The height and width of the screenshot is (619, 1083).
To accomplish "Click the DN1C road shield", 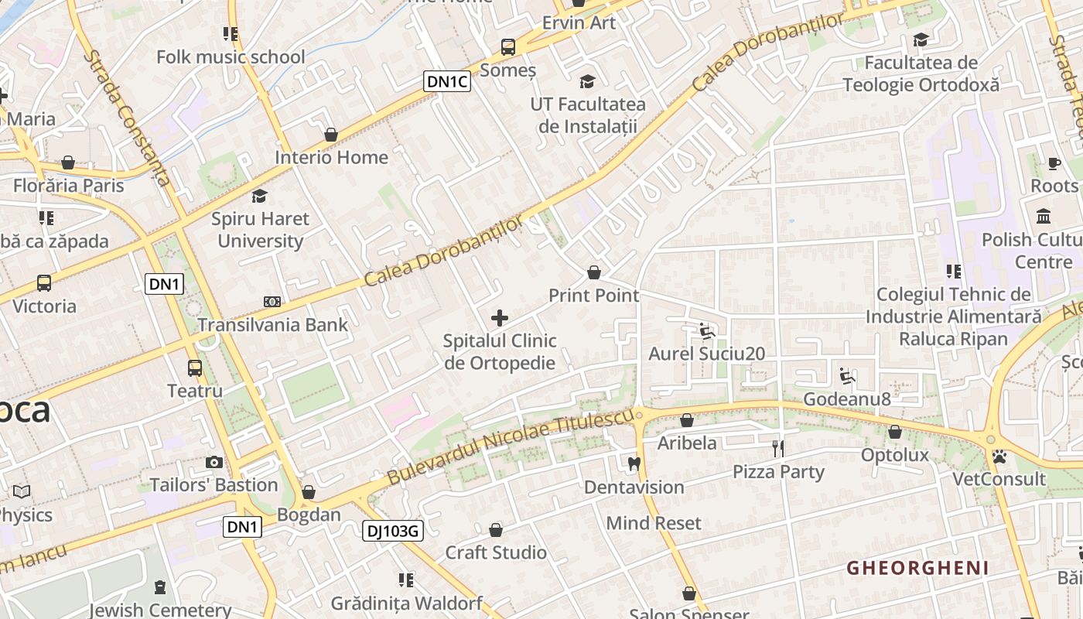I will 447,81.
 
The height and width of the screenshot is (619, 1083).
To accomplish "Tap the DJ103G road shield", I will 392,531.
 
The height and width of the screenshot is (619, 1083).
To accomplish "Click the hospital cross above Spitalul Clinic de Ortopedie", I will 500,317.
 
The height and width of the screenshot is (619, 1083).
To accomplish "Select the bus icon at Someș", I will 508,47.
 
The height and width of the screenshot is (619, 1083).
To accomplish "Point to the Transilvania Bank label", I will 272,324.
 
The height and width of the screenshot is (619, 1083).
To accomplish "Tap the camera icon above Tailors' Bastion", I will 214,462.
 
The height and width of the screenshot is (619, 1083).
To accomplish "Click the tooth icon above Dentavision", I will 634,463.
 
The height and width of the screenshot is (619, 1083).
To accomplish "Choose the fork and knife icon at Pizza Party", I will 778,448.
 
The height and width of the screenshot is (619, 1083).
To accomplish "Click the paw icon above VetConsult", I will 999,457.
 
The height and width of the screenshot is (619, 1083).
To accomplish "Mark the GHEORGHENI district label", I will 917,568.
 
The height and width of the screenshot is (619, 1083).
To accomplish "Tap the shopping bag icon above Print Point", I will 594,272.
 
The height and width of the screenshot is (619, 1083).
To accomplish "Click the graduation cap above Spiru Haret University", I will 260,196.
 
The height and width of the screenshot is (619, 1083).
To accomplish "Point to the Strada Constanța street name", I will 128,118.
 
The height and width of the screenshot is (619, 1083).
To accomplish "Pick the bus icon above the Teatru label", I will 195,368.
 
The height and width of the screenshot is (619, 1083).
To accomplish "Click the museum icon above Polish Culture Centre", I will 1043,216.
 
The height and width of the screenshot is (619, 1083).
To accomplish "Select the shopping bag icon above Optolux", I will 895,432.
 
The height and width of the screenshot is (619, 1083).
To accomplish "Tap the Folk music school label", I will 231,56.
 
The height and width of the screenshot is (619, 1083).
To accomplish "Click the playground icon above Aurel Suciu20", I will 705,331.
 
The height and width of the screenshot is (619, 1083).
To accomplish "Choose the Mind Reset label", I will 654,523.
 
